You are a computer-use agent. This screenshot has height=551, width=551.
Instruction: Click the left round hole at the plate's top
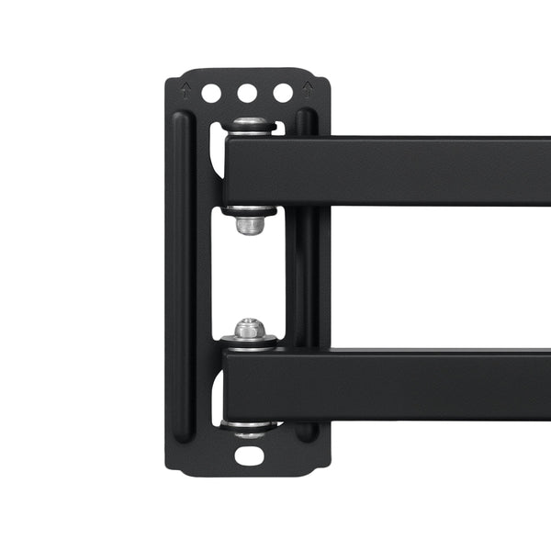pyautogui.click(x=211, y=93)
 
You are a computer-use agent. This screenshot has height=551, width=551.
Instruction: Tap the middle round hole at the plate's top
pyautogui.click(x=247, y=93)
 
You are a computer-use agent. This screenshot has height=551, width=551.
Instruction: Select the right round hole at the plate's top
pyautogui.click(x=283, y=93)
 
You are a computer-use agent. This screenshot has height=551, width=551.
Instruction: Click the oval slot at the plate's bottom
pyautogui.click(x=249, y=455)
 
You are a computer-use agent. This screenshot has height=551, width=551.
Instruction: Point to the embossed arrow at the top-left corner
pyautogui.click(x=186, y=90)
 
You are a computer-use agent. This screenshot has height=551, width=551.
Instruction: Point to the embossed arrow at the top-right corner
pyautogui.click(x=308, y=90)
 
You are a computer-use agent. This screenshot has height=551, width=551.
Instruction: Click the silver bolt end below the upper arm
pyautogui.click(x=249, y=225)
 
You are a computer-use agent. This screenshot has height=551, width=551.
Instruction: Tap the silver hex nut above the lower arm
pyautogui.click(x=249, y=328)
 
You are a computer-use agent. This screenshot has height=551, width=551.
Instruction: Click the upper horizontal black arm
pyautogui.click(x=386, y=171)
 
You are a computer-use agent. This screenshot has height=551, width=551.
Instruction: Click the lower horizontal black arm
pyautogui.click(x=386, y=384)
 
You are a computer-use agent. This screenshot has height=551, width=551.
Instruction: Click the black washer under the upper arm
pyautogui.click(x=249, y=210)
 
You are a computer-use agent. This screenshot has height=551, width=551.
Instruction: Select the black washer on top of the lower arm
pyautogui.click(x=249, y=343)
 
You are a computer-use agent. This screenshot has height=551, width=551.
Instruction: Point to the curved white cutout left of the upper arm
pyautogui.click(x=218, y=152)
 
